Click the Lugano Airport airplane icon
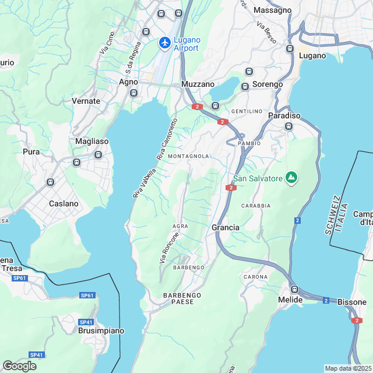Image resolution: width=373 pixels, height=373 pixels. [165, 43]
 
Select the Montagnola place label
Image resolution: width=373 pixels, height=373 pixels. [188, 157]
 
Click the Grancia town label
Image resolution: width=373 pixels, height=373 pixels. [226, 227]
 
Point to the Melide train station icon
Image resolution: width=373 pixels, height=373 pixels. [294, 289]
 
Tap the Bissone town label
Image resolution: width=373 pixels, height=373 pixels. [352, 302]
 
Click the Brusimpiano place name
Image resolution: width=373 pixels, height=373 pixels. [101, 330]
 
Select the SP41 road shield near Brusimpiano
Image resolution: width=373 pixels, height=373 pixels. [86, 322]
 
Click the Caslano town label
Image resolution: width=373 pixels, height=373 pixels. [64, 203]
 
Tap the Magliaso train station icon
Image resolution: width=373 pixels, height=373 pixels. [98, 155]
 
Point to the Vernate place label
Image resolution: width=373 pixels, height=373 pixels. [86, 101]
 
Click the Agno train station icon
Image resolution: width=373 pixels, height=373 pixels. [133, 92]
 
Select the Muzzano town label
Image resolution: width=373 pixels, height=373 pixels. [198, 85]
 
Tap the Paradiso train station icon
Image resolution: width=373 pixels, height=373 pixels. [288, 126]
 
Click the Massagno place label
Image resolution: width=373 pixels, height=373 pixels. [273, 10]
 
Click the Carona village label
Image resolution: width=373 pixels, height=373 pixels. [255, 276]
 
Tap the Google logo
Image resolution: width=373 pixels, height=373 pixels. [19, 366]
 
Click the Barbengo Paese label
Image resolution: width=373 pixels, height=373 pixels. [182, 299]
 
